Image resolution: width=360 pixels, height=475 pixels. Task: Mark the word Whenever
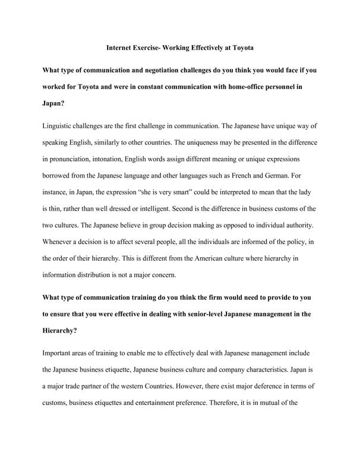[61, 243]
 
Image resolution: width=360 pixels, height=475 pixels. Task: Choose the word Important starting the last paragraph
[61, 353]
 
